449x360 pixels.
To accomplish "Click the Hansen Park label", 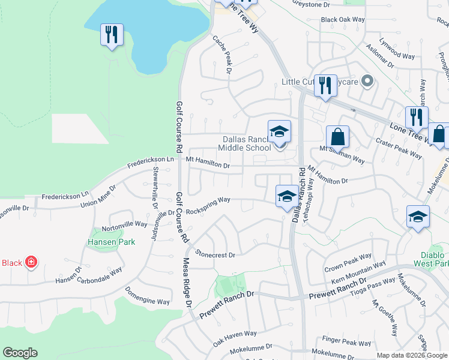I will (111, 242).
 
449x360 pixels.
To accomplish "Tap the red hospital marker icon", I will (31, 262).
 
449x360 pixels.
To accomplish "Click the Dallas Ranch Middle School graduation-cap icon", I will (279, 131).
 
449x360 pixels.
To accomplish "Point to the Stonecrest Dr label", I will (214, 254).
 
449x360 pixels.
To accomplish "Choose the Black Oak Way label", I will (343, 20).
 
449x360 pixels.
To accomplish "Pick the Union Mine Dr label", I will (99, 196).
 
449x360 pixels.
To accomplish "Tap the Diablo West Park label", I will (430, 259).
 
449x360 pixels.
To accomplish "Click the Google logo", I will (20, 353).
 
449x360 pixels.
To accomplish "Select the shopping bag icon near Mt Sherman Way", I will (337, 137).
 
